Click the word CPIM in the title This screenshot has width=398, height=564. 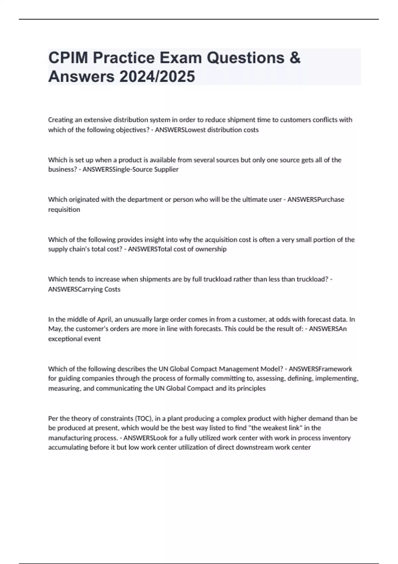(69, 58)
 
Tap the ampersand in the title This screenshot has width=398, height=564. (295, 58)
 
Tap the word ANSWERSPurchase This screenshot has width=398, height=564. (316, 199)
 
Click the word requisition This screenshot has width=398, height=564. (64, 209)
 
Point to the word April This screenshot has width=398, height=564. (104, 319)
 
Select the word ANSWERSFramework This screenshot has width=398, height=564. (320, 369)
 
